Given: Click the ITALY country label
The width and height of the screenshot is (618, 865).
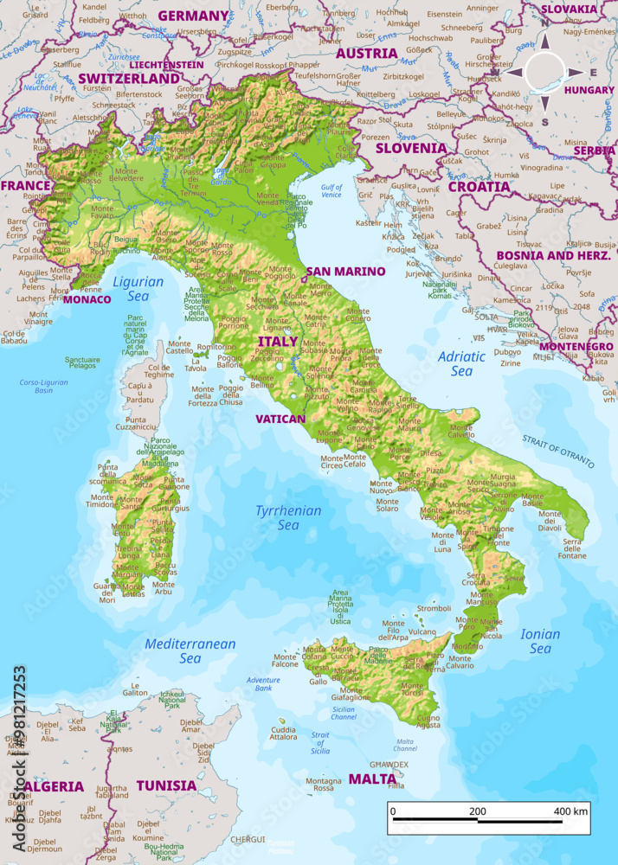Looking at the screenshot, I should point(277,342).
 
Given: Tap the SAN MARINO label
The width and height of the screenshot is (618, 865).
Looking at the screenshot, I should point(345,271).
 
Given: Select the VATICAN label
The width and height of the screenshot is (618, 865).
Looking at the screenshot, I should point(280,419).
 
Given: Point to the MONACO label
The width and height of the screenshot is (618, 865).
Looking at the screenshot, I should point(87,299).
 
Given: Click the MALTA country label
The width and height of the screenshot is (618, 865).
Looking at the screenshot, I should point(372,778).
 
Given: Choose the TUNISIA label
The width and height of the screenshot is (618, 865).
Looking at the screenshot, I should point(166,785).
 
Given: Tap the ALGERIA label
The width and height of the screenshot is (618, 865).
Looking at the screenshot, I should point(54,786).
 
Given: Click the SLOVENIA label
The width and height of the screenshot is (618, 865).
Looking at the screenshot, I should point(410,148).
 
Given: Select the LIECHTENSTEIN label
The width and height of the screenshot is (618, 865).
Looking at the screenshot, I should point(166,64).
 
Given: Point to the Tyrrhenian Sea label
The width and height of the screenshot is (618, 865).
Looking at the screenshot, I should point(287,517).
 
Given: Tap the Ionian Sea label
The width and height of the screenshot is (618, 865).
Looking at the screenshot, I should point(540,641).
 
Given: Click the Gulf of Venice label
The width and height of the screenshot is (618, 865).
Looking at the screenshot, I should point(331,191).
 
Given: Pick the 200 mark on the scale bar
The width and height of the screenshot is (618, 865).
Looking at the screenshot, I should point(477,811).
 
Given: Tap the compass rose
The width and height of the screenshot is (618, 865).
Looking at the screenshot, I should point(544,73).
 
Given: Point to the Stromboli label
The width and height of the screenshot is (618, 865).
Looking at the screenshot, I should point(434,608).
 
